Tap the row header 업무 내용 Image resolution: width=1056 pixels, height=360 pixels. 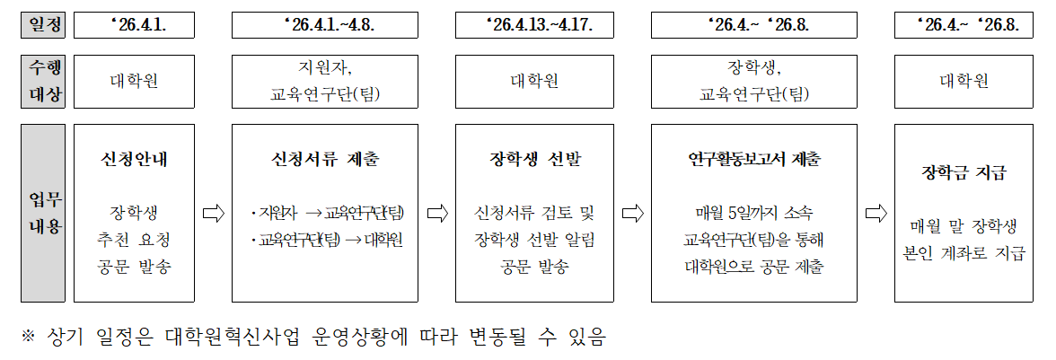coord(43,214)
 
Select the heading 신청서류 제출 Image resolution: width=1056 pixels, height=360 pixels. coord(324,160)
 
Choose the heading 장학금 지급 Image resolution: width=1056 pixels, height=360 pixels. coord(964,172)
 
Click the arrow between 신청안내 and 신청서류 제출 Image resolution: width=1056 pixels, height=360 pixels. coord(213,214)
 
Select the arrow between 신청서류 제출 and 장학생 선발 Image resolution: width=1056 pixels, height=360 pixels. coord(437,214)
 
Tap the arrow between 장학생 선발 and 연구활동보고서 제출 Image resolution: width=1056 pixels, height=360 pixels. coord(633,214)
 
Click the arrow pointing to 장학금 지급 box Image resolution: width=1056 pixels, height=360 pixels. coord(876,214)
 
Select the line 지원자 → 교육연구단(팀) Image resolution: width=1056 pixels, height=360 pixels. coord(329,214)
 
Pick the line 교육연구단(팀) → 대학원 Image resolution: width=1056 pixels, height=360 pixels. coord(329,241)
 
